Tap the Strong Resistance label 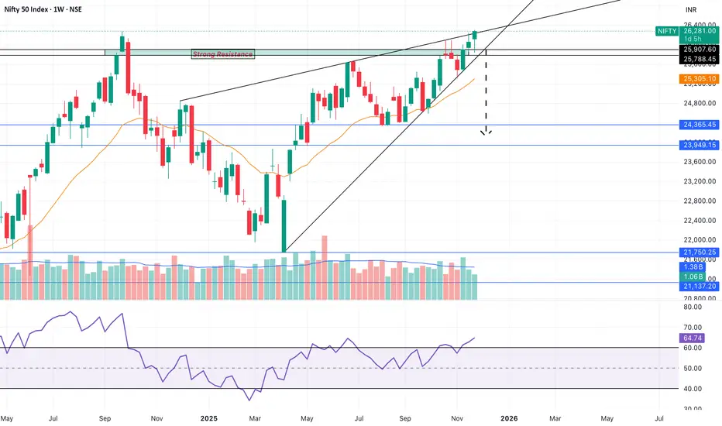(x=222, y=53)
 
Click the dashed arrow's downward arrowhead (x=486, y=132)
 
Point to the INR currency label (x=692, y=9)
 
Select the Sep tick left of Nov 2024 (x=105, y=419)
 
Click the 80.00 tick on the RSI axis (x=693, y=307)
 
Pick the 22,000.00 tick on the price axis (x=696, y=240)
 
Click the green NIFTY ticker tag (x=665, y=32)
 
